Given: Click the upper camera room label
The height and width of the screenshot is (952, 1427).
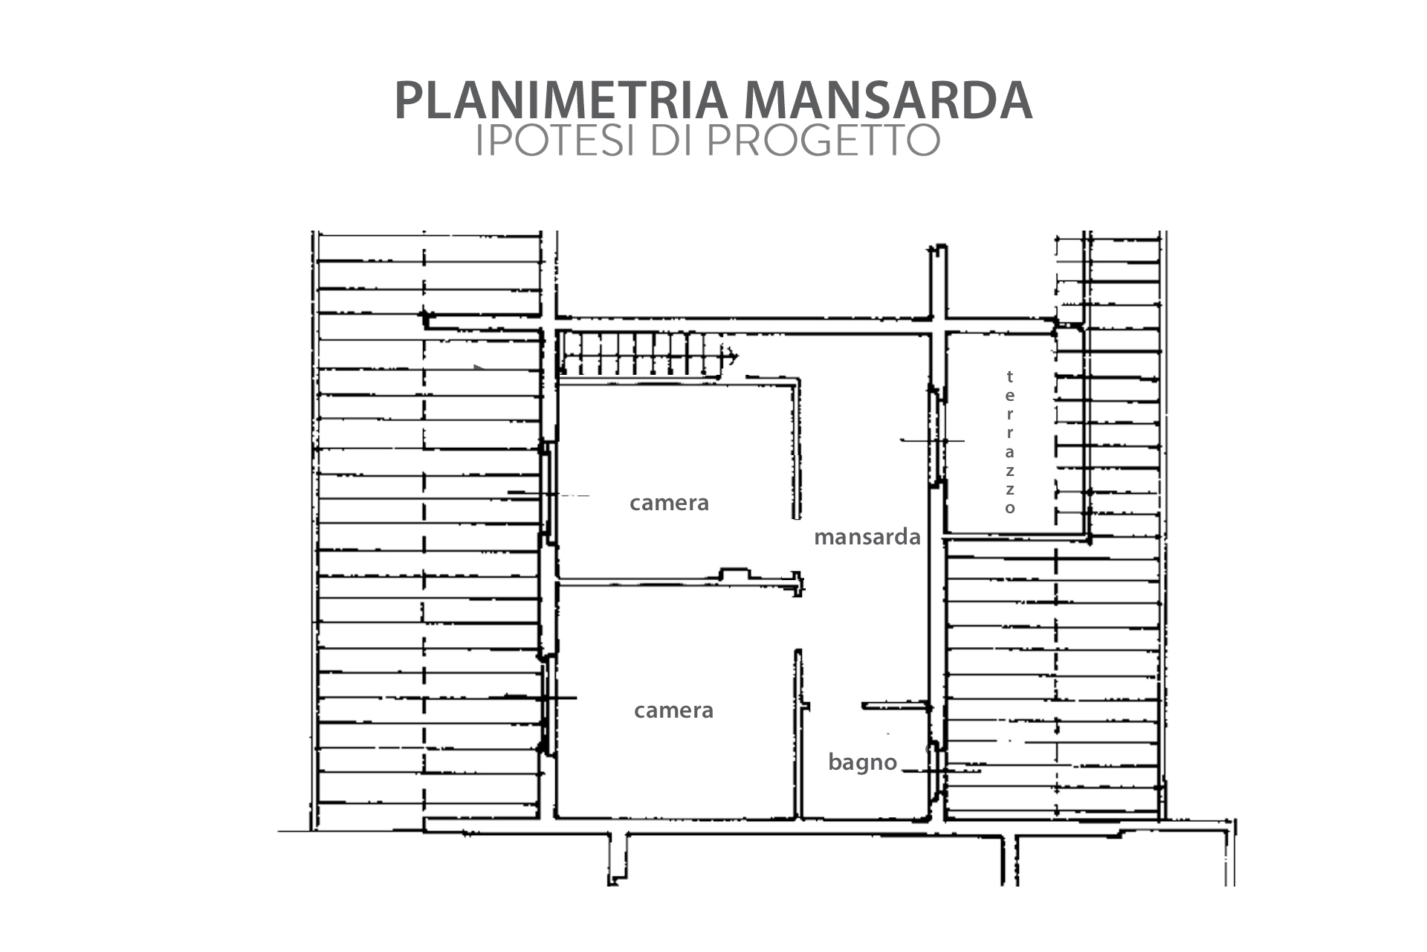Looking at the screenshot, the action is coord(669,504).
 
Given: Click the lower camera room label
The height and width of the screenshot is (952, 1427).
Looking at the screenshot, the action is coord(673,711).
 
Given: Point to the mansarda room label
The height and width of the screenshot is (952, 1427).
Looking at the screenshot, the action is coord(867,537).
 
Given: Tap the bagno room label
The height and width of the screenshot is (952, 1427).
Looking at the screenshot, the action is coord(863,763).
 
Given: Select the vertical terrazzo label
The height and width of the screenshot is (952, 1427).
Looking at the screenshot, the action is coord(1009,443).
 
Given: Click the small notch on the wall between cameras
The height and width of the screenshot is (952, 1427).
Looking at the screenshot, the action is coord(735,574).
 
